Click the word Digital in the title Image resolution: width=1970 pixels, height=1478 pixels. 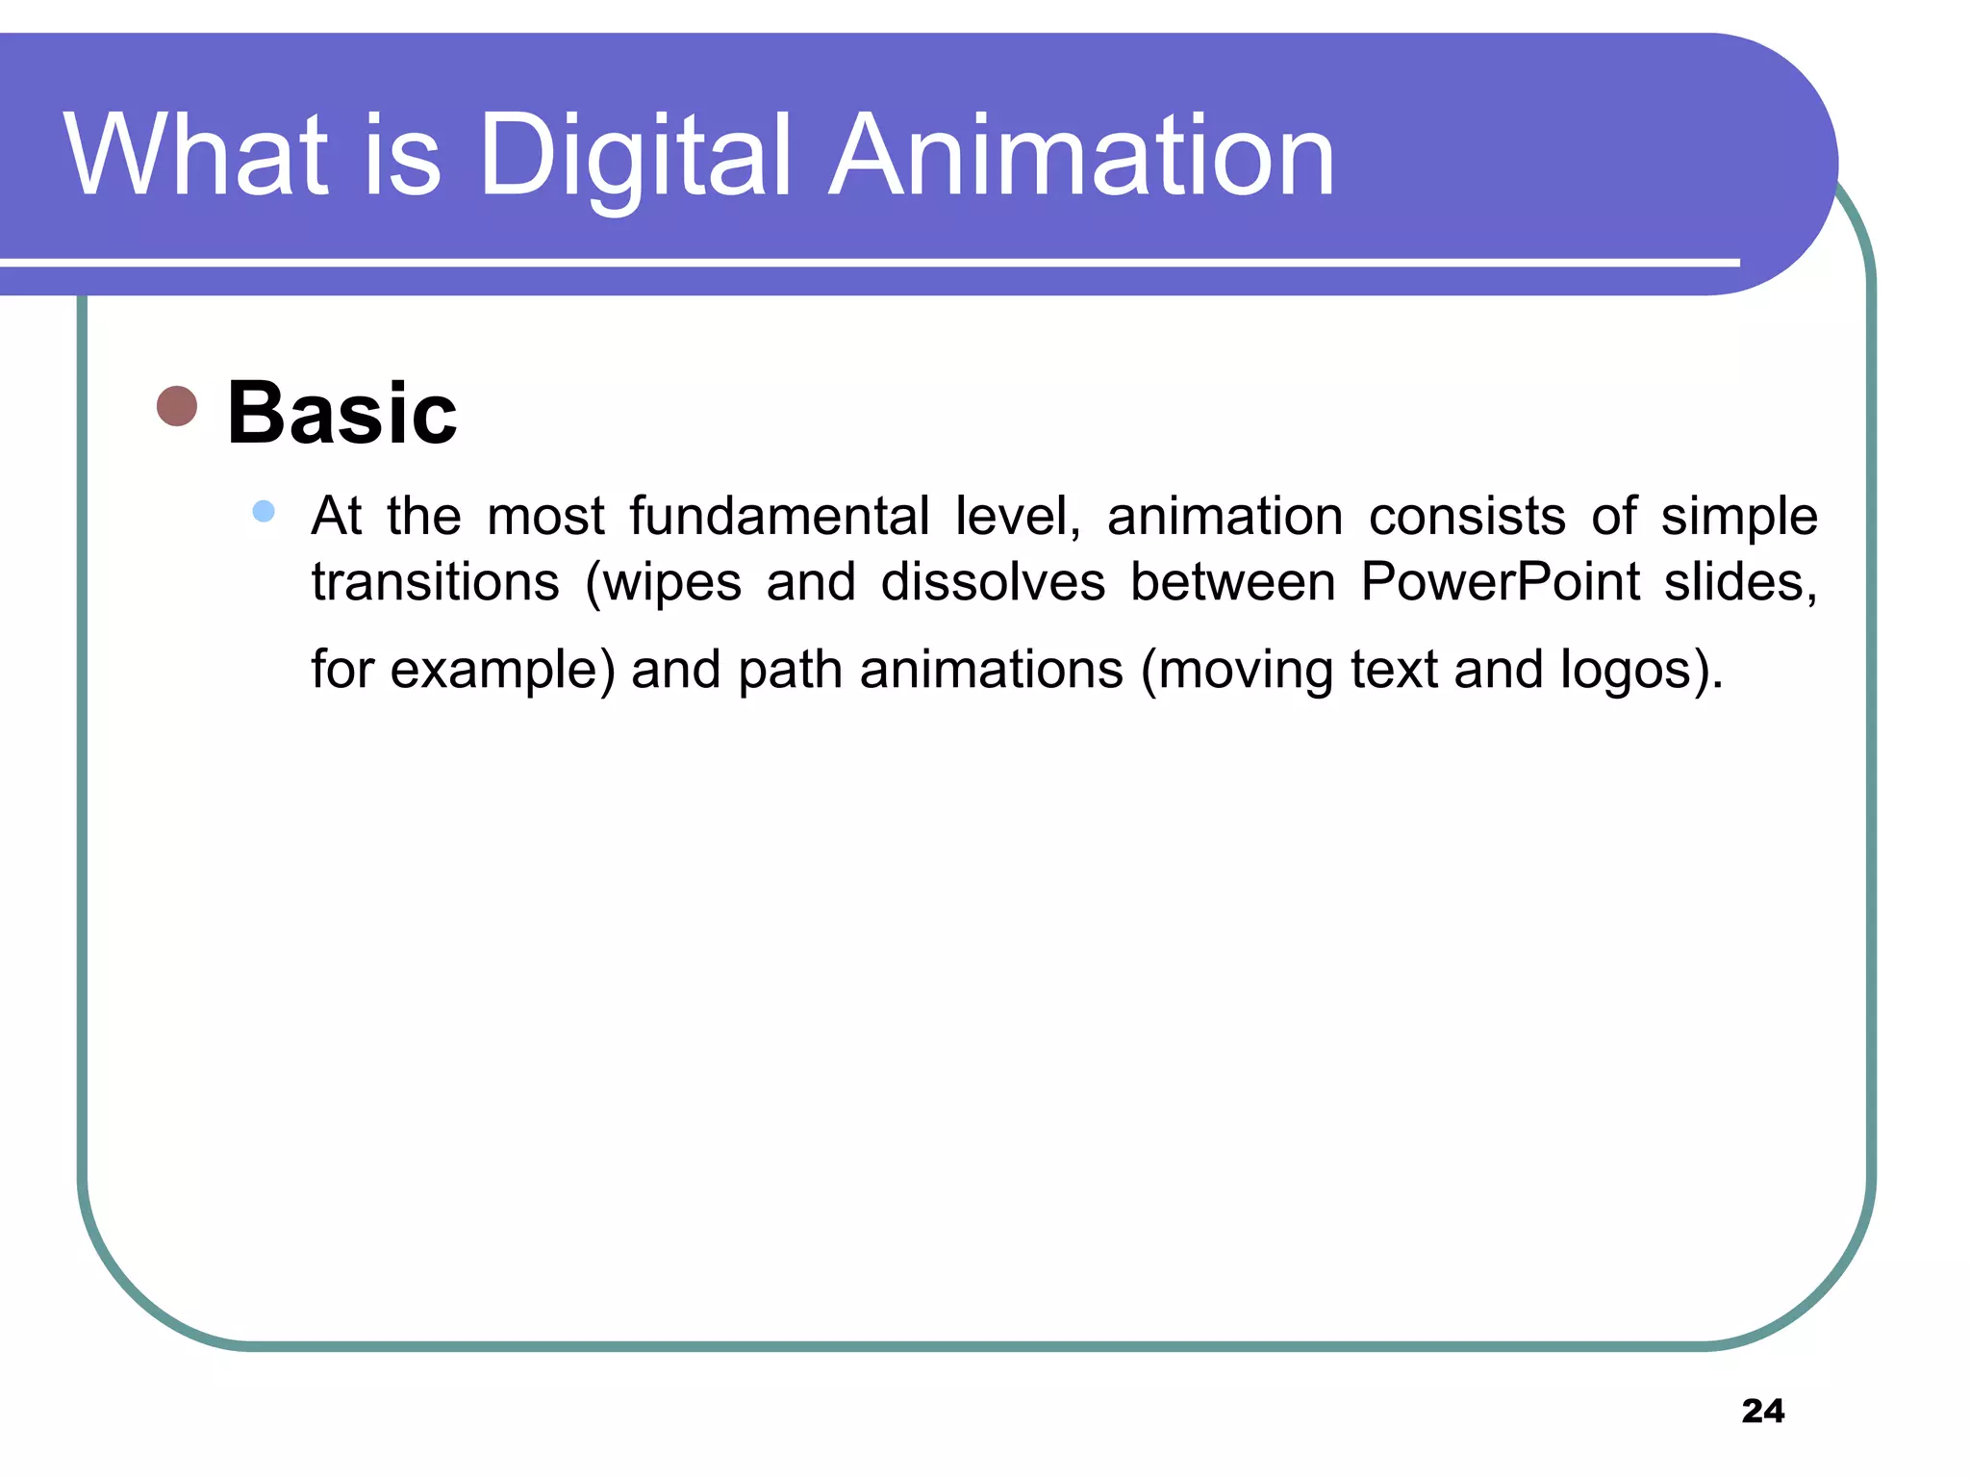click(635, 156)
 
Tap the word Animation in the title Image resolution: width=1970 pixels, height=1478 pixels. click(1081, 156)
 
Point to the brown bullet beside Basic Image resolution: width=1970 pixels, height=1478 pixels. click(177, 406)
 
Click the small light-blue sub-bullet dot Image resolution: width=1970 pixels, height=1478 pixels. click(264, 511)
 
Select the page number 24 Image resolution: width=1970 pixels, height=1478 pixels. click(1762, 1411)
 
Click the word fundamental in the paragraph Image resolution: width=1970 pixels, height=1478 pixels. click(779, 516)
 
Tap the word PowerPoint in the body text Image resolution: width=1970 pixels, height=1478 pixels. click(1501, 581)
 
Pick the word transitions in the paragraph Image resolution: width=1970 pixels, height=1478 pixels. click(435, 581)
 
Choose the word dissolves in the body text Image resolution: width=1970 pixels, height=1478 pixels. click(993, 581)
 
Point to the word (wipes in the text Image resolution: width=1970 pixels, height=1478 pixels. click(664, 583)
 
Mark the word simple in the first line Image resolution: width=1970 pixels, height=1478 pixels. click(1739, 518)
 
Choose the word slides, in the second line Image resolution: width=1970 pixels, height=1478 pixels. click(1741, 582)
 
